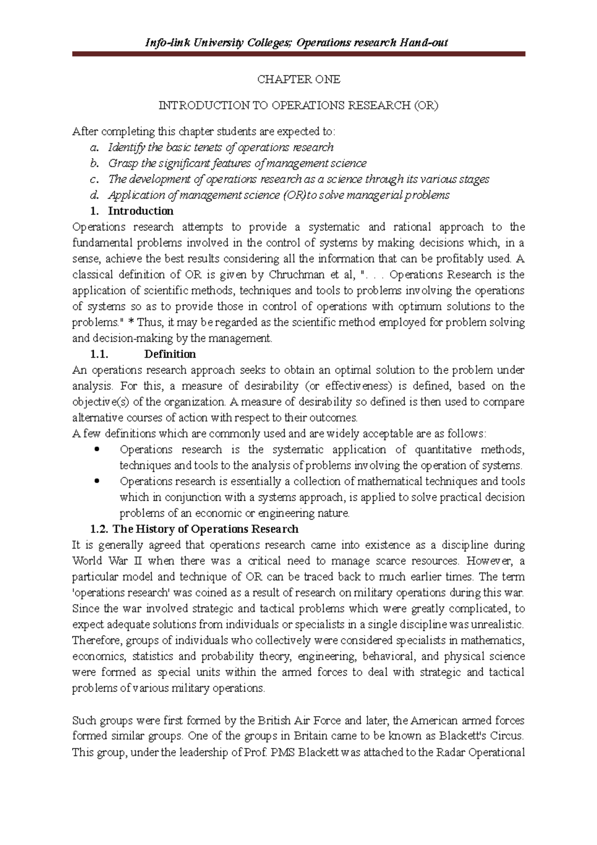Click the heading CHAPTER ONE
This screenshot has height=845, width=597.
pos(298,79)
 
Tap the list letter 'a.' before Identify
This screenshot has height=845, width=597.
pos(95,147)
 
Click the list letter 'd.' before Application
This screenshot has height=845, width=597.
pos(95,195)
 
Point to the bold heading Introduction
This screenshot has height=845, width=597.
pos(141,211)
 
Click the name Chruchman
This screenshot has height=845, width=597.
pos(298,275)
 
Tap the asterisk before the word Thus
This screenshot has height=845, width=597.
pos(131,322)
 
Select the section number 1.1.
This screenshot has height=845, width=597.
pos(99,354)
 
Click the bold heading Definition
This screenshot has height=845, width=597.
pos(170,354)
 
